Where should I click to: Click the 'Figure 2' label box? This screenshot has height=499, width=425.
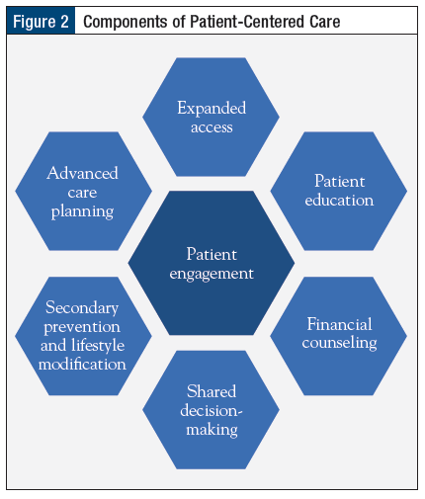[41, 21]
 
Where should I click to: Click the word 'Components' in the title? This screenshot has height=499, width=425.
[126, 22]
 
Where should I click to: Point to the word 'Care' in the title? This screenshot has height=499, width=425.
[324, 22]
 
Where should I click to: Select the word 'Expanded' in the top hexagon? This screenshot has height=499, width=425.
[212, 109]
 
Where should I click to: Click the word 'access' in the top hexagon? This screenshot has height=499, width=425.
[212, 127]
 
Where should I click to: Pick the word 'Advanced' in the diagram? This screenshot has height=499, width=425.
[82, 173]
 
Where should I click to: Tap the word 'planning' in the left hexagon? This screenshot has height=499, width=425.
[82, 211]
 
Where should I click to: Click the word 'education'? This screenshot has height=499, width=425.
[339, 200]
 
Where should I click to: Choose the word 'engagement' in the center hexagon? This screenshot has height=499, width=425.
[212, 274]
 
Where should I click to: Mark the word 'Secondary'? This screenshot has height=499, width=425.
[82, 308]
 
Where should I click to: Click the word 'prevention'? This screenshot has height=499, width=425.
[82, 327]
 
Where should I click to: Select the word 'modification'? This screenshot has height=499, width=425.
[82, 364]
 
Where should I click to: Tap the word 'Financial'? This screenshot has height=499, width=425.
[340, 324]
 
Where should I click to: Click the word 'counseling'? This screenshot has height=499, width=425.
[340, 343]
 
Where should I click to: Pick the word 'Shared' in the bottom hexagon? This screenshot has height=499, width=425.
[212, 391]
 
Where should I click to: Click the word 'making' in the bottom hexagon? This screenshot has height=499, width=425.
[212, 430]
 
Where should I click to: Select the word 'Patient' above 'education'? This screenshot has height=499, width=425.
[340, 181]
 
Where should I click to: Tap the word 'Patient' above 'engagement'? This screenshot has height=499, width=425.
[212, 254]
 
